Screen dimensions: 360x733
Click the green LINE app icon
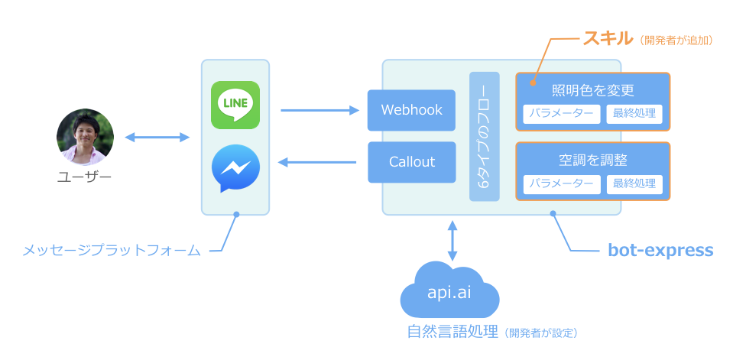[x=235, y=105]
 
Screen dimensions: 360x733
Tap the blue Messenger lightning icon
[x=235, y=169]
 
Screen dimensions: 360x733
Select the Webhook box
[x=411, y=110]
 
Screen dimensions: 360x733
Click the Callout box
[x=411, y=162]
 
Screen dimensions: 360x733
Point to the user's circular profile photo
[x=85, y=137]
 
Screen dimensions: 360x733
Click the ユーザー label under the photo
[x=85, y=178]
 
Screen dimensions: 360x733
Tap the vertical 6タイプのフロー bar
[x=484, y=137]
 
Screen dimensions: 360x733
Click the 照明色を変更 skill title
[x=593, y=89]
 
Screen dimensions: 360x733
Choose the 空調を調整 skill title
[x=593, y=161]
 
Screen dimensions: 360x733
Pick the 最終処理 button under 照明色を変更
[x=634, y=114]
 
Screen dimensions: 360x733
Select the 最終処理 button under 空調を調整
[x=634, y=184]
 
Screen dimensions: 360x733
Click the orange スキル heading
[x=608, y=38]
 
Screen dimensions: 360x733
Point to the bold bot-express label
[x=660, y=250]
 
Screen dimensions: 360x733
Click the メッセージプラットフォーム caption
[x=112, y=250]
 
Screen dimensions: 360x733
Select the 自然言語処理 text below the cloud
[x=453, y=332]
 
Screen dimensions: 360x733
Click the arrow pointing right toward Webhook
[x=319, y=111]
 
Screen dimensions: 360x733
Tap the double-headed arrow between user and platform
[x=157, y=138]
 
